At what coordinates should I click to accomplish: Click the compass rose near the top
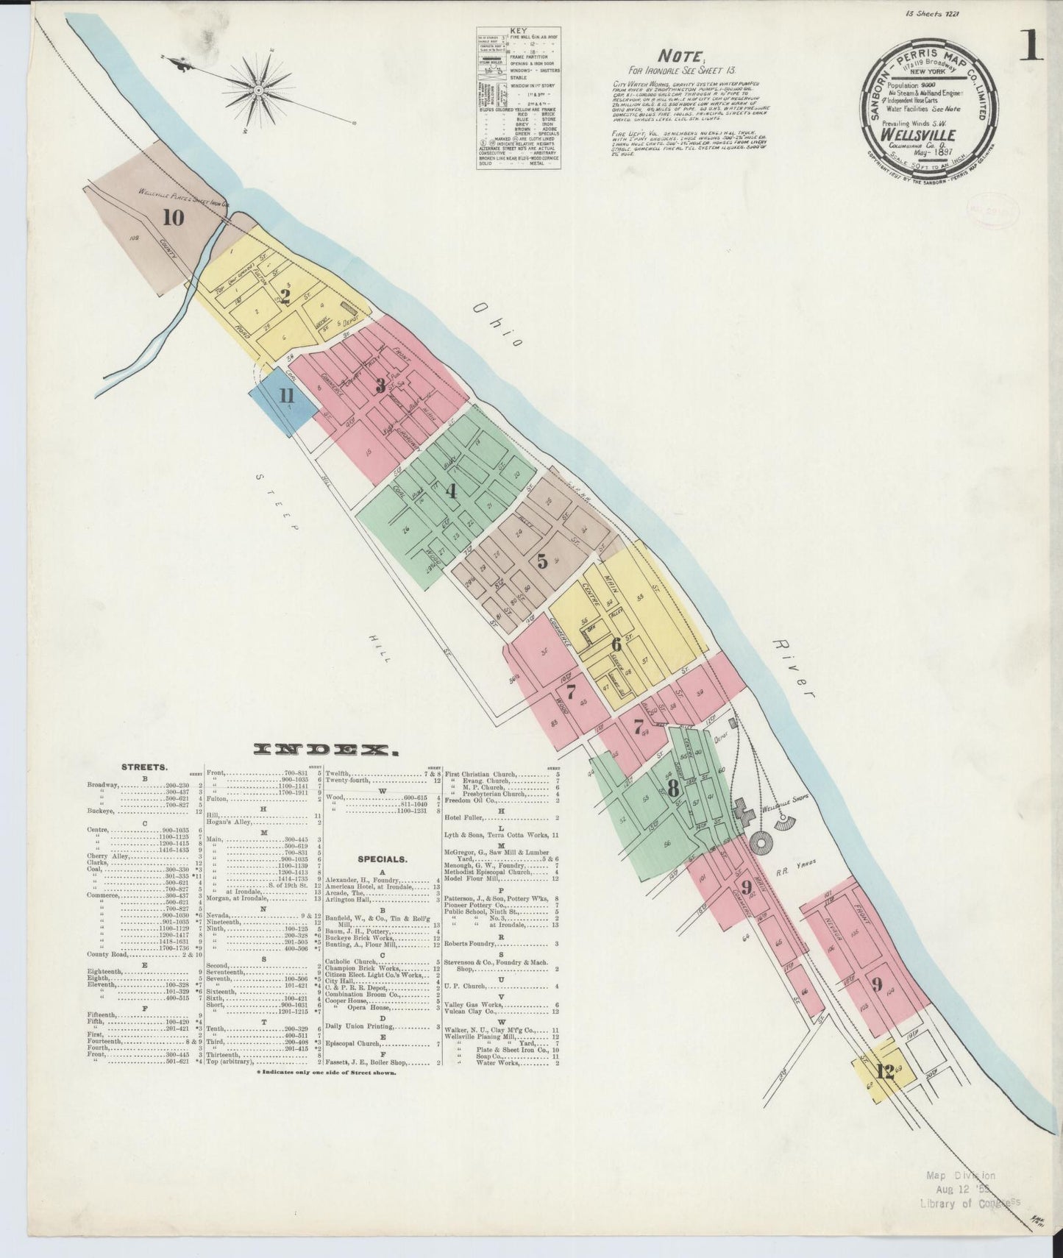260,90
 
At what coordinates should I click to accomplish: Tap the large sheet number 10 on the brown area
174,218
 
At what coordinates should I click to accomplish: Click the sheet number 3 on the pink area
380,385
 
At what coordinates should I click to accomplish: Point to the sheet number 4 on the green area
451,491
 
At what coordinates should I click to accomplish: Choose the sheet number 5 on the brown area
543,561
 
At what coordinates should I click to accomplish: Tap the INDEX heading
326,750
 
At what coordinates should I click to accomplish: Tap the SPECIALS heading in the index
383,858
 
